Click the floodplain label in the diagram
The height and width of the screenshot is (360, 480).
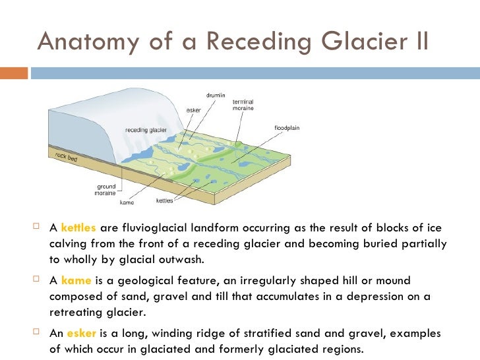pos(287,127)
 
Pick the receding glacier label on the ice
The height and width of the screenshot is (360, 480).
pos(146,130)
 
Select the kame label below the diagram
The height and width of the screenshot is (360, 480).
pos(126,202)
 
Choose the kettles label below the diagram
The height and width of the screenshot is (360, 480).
pos(164,200)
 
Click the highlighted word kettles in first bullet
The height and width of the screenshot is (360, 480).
pos(78,229)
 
